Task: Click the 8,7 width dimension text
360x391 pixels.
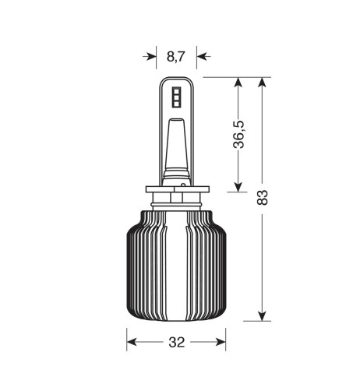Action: pyautogui.click(x=176, y=56)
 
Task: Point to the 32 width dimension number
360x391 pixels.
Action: pyautogui.click(x=176, y=342)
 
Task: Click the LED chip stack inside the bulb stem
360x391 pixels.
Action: pyautogui.click(x=176, y=97)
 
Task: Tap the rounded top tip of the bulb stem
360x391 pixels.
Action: pyautogui.click(x=176, y=79)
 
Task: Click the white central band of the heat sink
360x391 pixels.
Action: pyautogui.click(x=176, y=265)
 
